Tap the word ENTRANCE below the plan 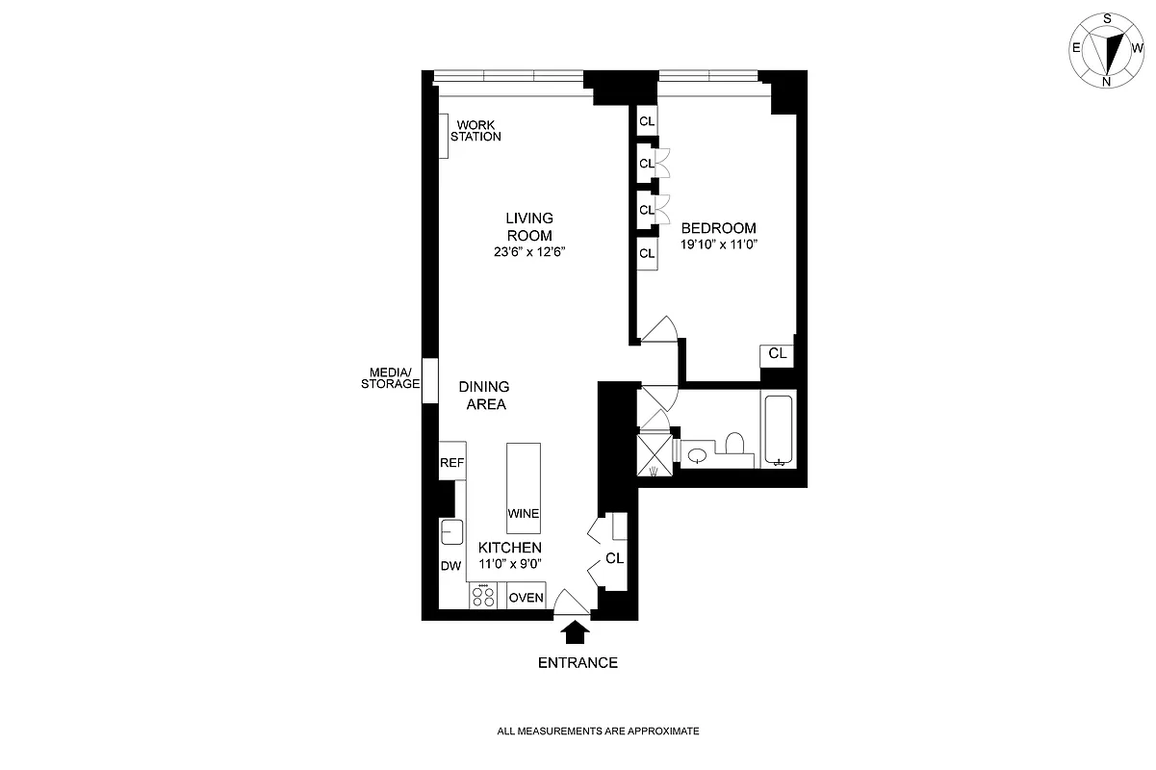point(578,662)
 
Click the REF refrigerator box point(452,463)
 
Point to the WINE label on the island point(524,513)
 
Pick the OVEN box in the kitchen point(527,598)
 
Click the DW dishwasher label point(450,566)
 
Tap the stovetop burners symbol point(483,597)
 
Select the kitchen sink point(451,530)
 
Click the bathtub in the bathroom point(779,430)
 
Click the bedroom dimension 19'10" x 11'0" point(719,245)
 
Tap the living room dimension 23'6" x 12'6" point(529,252)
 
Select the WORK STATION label point(478,131)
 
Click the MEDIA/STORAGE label point(390,378)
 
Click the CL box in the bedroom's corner point(778,354)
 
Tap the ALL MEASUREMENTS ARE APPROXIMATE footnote point(598,731)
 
